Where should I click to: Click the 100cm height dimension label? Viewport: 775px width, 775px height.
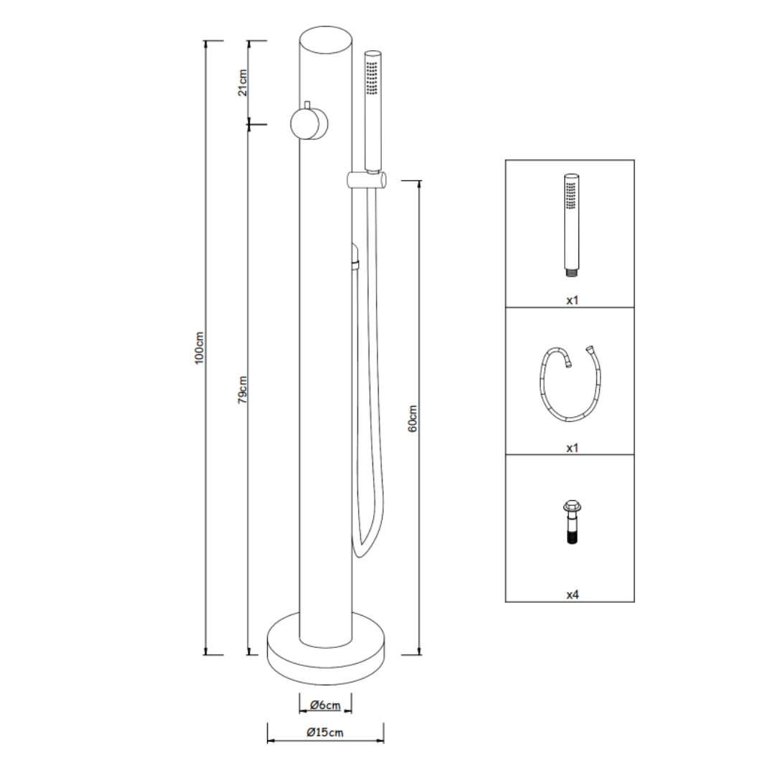coord(200,347)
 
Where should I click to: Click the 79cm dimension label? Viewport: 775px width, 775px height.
coord(243,389)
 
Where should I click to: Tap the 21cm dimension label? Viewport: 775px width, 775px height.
coord(243,83)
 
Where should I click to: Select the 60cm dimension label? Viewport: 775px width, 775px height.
coord(413,418)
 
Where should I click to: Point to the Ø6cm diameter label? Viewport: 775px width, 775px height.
coord(325,705)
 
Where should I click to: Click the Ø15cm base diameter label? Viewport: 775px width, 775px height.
coord(325,733)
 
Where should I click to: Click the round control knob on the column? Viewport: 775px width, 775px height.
coord(309,124)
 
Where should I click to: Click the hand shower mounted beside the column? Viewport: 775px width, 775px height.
coord(372,108)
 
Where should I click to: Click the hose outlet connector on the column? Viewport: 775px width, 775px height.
coord(354,257)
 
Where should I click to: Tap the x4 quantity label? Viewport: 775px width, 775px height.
coord(572,595)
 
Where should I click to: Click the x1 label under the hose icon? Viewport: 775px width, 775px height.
coord(572,448)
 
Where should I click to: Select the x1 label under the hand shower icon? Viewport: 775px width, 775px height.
coord(572,301)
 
